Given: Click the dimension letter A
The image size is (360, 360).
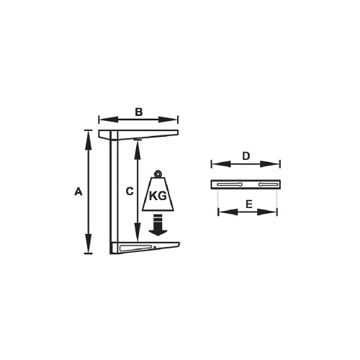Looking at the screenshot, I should (78, 192).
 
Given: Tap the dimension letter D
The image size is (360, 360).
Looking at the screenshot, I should (246, 156).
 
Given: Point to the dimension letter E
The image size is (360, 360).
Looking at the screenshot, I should (248, 204).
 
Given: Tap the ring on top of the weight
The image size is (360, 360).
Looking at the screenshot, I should (158, 173).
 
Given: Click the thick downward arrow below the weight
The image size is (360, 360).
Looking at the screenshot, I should (158, 225).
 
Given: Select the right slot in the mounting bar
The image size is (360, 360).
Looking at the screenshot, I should (266, 185).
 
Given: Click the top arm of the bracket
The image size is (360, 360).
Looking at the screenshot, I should (140, 135).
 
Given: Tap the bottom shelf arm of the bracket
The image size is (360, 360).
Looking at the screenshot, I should (144, 248).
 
